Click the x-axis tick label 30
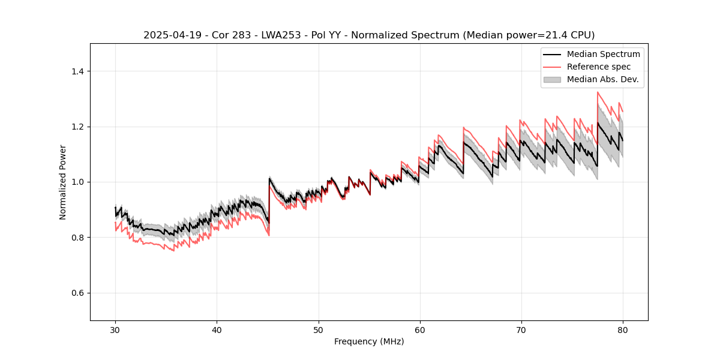click(x=115, y=329)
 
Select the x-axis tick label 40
click(x=217, y=329)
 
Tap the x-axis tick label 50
click(x=318, y=329)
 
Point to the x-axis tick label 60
click(x=419, y=329)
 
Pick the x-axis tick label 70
click(x=521, y=329)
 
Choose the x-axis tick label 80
click(x=622, y=329)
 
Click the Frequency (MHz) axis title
click(x=369, y=341)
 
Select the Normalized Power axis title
click(x=63, y=182)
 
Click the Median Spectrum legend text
click(x=603, y=54)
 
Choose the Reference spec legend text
click(x=599, y=67)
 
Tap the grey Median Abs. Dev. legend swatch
click(x=552, y=79)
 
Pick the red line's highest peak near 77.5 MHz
click(x=598, y=92)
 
